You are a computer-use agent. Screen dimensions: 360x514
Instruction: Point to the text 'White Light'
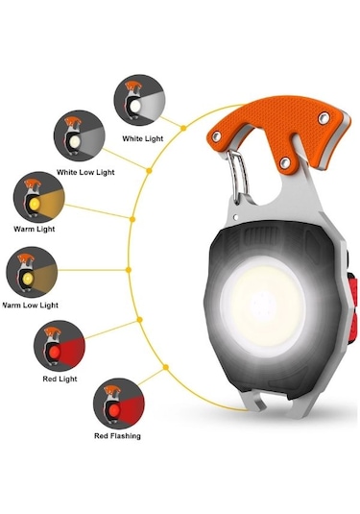click(x=142, y=138)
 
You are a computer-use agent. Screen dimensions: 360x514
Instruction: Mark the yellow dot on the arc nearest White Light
click(x=184, y=125)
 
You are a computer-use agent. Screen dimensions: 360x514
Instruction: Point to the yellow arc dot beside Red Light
click(x=142, y=322)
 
